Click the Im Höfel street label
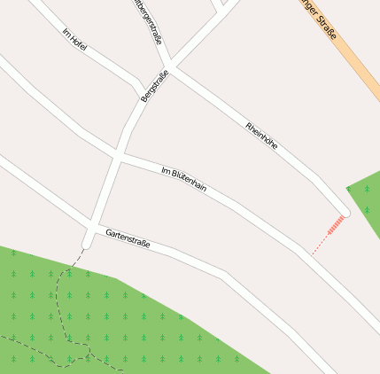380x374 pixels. pos(74,39)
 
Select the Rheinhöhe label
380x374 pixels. pos(262,134)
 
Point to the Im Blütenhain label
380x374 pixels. pos(184,178)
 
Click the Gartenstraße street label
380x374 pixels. pos(128,238)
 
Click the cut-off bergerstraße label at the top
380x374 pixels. pos(147,21)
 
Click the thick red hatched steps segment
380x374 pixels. pos(336,226)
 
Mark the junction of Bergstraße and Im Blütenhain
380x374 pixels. pos(118,156)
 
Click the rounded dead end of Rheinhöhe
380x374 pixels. pos(345,212)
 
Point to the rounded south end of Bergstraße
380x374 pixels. pos(87,241)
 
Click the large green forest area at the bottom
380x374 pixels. pos(133,328)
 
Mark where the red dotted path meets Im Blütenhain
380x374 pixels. pos(310,255)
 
